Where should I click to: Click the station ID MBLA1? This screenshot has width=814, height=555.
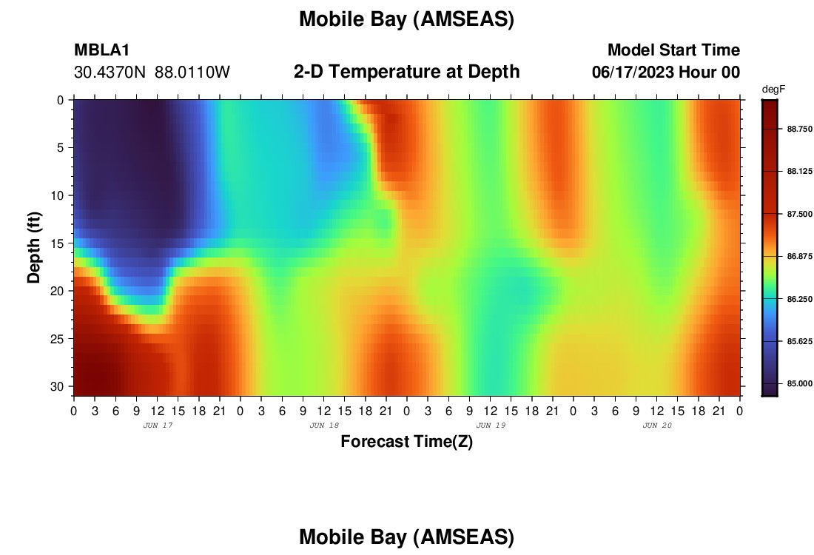coord(102,50)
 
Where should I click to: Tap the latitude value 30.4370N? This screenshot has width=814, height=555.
coord(110,73)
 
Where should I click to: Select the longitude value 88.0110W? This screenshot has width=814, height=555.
coord(192,73)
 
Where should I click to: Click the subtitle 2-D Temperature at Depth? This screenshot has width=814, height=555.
coord(406,72)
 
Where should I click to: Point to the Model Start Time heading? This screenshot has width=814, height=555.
coord(673,50)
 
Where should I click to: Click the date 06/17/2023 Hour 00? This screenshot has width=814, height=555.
coord(666,72)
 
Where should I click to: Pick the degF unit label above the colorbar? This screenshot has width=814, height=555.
coord(773,90)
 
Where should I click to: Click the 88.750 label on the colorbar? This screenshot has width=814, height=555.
coord(799,129)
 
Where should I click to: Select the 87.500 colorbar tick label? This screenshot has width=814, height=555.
coord(799,214)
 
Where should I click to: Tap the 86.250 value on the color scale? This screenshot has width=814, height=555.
coord(799,299)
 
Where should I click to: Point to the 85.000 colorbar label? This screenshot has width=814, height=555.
coord(799,383)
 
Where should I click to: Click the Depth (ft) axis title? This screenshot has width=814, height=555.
coord(34,248)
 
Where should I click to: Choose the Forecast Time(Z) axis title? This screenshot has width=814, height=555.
coord(406,441)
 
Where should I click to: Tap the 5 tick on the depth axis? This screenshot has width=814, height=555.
coord(60,148)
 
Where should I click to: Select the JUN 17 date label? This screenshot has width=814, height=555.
coord(158,425)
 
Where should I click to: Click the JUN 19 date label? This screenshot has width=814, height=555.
coord(491,425)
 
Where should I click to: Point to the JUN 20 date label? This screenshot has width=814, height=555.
coord(657,425)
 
